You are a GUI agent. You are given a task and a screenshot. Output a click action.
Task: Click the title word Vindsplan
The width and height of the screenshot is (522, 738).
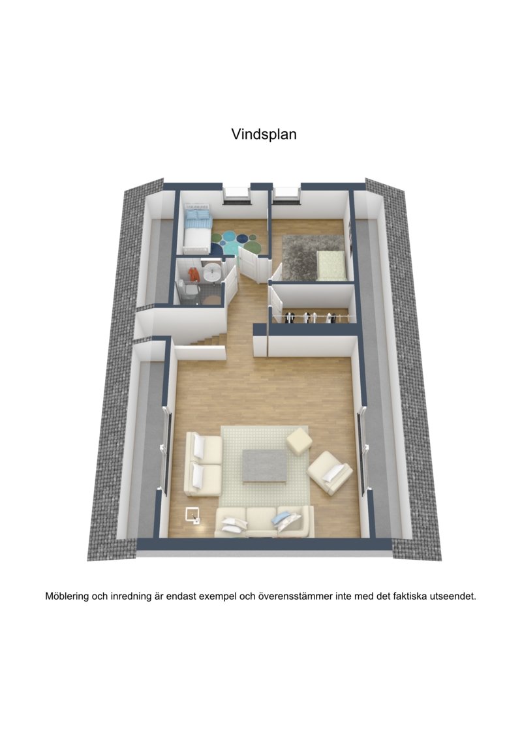coord(264,134)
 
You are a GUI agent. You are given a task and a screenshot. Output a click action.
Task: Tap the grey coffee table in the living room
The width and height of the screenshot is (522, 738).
coord(264,465)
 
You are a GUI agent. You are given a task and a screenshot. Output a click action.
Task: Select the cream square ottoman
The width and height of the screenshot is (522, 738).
coord(299,441)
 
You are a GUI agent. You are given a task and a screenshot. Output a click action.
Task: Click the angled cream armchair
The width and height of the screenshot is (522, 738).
coord(330,472)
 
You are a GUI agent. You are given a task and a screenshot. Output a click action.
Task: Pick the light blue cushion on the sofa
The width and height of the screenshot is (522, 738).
coord(281,518)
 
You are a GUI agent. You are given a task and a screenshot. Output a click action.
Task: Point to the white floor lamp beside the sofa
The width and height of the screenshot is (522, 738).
coord(192,515)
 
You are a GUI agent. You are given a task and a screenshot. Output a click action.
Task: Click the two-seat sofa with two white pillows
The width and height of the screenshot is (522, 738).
coord(203,463)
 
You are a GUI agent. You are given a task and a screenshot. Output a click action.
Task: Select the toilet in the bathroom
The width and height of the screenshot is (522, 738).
coord(189,288)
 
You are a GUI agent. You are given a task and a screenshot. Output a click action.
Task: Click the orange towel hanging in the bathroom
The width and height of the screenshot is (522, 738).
coord(193,274)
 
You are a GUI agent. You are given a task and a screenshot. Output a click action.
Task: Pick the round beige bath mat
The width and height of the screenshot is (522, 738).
coord(212,300)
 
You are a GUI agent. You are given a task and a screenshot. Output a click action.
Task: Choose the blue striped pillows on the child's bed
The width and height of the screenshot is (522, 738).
coord(198,215)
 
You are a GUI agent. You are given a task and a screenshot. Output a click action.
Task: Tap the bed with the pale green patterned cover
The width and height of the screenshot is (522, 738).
coord(331,266)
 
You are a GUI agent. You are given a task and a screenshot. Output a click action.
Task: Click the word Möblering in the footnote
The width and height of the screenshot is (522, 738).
coord(67,596)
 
